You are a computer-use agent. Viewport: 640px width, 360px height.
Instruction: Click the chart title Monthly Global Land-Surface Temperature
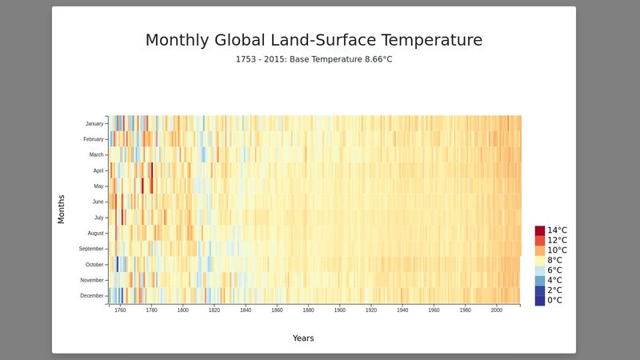click(314, 40)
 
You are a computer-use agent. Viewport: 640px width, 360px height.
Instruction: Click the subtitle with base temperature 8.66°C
click(314, 60)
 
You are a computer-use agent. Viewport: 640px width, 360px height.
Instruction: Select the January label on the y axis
click(94, 123)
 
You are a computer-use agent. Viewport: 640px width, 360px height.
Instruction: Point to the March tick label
click(96, 154)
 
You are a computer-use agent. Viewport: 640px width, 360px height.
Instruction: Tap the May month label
click(98, 186)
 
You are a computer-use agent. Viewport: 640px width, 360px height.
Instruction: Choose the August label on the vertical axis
click(94, 233)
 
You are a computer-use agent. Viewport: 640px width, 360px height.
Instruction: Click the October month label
click(94, 264)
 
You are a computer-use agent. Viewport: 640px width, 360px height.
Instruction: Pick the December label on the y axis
click(92, 296)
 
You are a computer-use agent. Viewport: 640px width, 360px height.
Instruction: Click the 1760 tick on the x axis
click(120, 310)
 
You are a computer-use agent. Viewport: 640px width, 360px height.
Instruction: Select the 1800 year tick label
click(182, 310)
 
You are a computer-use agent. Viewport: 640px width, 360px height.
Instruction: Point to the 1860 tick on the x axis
click(277, 310)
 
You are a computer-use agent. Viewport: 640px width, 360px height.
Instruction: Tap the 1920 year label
click(371, 310)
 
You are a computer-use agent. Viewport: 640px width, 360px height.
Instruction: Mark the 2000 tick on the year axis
click(497, 310)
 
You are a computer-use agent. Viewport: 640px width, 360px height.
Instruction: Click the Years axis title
click(303, 338)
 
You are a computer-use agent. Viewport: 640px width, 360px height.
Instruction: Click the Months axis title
click(62, 209)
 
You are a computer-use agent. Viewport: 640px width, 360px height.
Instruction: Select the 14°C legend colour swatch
click(540, 230)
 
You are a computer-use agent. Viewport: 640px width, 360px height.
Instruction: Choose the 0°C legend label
click(554, 301)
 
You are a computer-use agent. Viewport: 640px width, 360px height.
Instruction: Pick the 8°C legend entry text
click(554, 260)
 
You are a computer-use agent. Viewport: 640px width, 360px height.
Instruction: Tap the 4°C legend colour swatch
click(540, 281)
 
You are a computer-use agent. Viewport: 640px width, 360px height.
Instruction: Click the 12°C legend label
click(557, 240)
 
